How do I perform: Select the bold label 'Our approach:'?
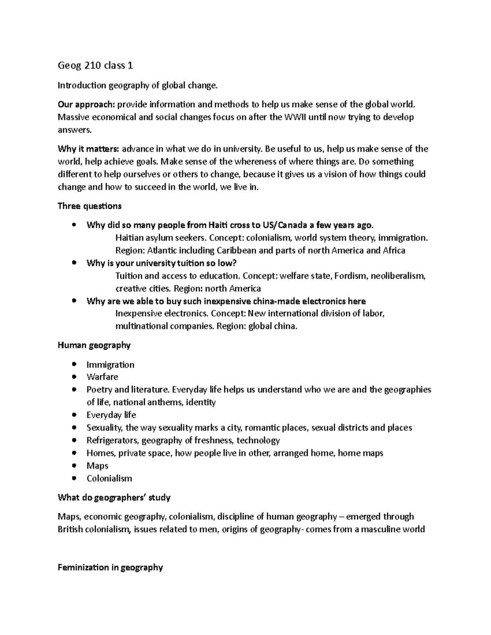pos(87,105)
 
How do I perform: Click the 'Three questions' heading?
pos(90,206)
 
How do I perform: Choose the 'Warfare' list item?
pos(102,377)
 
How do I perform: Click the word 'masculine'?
pos(378,530)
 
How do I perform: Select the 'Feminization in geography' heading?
pos(110,568)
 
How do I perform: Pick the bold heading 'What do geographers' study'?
pos(114,498)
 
